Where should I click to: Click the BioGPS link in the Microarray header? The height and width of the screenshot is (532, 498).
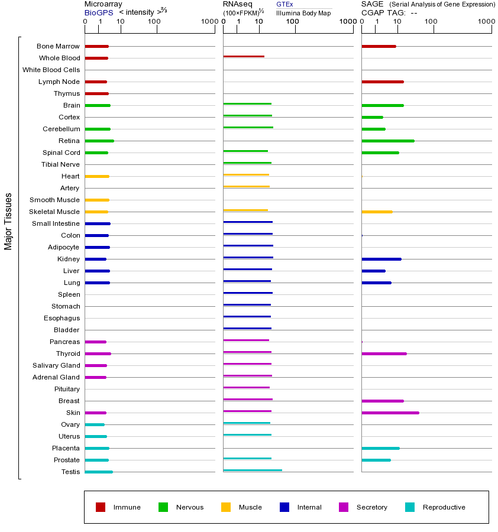(98, 12)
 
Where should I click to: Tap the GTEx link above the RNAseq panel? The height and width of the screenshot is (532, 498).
(284, 4)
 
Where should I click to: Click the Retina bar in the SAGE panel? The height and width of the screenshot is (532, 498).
(387, 141)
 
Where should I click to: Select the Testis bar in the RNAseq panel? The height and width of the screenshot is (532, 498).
(253, 470)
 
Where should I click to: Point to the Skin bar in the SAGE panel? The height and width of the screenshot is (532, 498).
(390, 413)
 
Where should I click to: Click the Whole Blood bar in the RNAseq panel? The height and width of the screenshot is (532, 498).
(244, 56)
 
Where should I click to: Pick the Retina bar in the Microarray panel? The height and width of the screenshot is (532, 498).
(99, 141)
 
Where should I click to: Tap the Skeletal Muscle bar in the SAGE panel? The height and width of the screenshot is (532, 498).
(377, 212)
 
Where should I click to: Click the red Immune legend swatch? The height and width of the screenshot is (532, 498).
(101, 507)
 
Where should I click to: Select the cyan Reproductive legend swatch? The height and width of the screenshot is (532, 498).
(410, 507)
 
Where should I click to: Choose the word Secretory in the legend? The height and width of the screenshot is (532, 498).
(371, 507)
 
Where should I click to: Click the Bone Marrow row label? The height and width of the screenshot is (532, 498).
(58, 46)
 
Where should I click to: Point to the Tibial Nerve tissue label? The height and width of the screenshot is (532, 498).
(60, 164)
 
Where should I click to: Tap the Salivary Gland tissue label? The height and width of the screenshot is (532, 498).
(56, 365)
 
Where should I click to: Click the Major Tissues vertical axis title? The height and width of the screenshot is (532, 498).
(8, 221)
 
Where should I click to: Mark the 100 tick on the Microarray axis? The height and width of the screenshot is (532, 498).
(154, 22)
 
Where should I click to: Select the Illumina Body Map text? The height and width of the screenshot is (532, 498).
(303, 12)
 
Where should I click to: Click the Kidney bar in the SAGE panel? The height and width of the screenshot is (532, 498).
(381, 259)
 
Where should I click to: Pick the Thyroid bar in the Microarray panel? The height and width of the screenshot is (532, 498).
(98, 353)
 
